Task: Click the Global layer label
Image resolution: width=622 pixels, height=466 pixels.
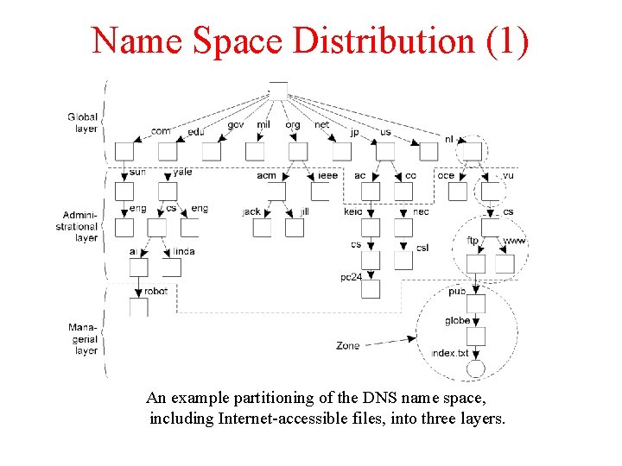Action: click(83, 122)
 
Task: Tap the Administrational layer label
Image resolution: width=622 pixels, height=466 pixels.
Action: click(83, 226)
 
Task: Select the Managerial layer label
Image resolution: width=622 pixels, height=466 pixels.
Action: click(86, 339)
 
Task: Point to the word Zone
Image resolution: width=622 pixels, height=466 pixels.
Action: click(348, 346)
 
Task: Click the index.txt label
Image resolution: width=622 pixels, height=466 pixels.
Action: click(451, 354)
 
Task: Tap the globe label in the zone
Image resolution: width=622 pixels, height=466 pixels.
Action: click(458, 320)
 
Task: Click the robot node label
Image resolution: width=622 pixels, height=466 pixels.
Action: click(156, 292)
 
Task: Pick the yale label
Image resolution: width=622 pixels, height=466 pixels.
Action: click(182, 172)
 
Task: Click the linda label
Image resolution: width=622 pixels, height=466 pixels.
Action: click(184, 251)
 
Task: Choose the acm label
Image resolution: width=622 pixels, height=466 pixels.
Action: click(267, 175)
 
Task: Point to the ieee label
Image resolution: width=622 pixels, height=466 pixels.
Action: click(327, 175)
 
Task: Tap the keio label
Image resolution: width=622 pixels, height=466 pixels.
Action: click(353, 211)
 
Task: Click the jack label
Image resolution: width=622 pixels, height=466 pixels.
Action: click(251, 211)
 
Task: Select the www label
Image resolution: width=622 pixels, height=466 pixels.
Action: click(514, 241)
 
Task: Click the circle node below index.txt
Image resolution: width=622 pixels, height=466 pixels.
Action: click(475, 369)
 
